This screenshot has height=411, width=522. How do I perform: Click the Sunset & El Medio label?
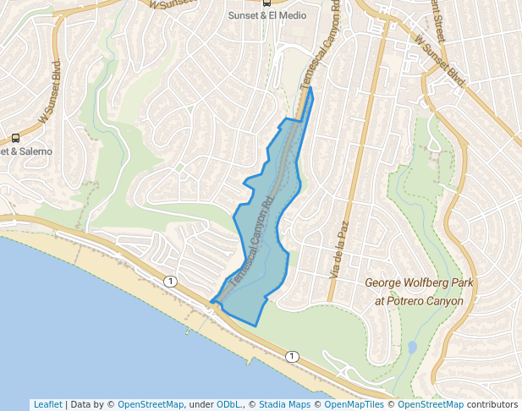click(x=267, y=15)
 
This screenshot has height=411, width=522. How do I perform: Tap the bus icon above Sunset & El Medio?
click(x=267, y=3)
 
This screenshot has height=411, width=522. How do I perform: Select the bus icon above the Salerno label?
click(x=15, y=139)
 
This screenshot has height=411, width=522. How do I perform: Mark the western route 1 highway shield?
click(x=171, y=281)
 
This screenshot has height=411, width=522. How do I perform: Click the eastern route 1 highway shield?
click(x=291, y=356)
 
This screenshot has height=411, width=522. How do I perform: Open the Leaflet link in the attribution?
click(x=47, y=404)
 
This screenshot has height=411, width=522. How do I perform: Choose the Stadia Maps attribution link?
click(x=286, y=404)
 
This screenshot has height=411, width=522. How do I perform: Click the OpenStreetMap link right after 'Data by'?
click(x=151, y=404)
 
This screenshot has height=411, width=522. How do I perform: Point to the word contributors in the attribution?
click(x=492, y=404)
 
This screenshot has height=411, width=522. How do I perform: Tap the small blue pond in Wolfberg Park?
click(x=411, y=347)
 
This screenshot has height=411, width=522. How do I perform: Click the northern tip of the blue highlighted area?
click(x=310, y=88)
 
